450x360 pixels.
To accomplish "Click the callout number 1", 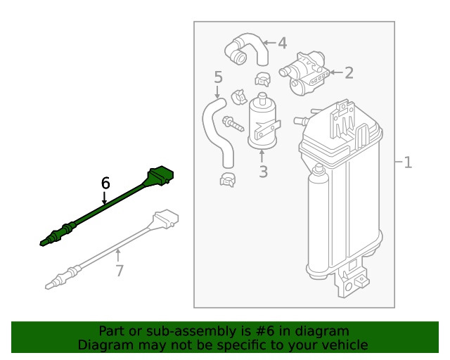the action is pos(408,162).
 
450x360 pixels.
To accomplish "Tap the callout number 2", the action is pos(349,73).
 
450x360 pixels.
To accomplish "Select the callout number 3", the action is pos(263,172).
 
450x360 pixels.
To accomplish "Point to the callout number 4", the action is pos(283,44).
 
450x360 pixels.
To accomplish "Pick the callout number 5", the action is pos(219,77).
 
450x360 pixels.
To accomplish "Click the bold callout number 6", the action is pos(105,183).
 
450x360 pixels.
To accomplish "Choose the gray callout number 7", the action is pos(120,271).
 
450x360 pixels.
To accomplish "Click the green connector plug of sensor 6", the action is pos(161,175).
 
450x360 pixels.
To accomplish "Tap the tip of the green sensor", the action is pos(43,243).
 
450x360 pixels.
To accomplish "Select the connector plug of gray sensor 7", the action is pos(166,219).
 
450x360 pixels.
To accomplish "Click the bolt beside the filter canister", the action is pos(233,124).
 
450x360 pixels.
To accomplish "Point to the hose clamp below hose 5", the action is pos(228,180).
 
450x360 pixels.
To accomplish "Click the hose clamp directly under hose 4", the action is pos(263,79).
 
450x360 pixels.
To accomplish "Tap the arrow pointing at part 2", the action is pos(336,72).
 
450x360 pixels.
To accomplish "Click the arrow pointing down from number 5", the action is pos(217,92).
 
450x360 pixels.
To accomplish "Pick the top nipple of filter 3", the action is pos(262,98).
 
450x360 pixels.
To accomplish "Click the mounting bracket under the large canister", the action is pos(352,280).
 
